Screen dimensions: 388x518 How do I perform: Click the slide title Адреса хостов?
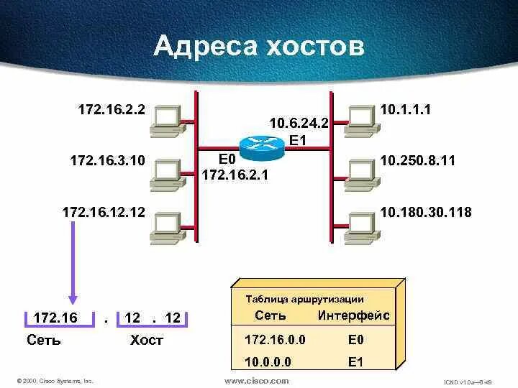(x=259, y=47)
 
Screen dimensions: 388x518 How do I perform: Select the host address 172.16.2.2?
(x=112, y=109)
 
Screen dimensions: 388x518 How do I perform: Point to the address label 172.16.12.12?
(x=104, y=211)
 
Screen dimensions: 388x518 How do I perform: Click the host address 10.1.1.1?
(x=405, y=110)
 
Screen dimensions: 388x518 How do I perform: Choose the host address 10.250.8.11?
(x=418, y=160)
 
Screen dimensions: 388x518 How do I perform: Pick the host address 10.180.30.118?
(x=426, y=211)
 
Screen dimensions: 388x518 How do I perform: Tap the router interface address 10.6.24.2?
(x=299, y=123)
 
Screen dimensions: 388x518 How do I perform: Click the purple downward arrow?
(x=71, y=266)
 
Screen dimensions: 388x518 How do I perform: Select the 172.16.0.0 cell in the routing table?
(x=275, y=339)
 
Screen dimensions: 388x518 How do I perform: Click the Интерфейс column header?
(x=353, y=315)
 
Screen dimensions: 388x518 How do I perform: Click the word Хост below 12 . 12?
(x=147, y=340)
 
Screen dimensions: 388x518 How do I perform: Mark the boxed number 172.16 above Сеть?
(x=51, y=318)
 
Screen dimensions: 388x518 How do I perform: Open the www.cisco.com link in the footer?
(x=257, y=381)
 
